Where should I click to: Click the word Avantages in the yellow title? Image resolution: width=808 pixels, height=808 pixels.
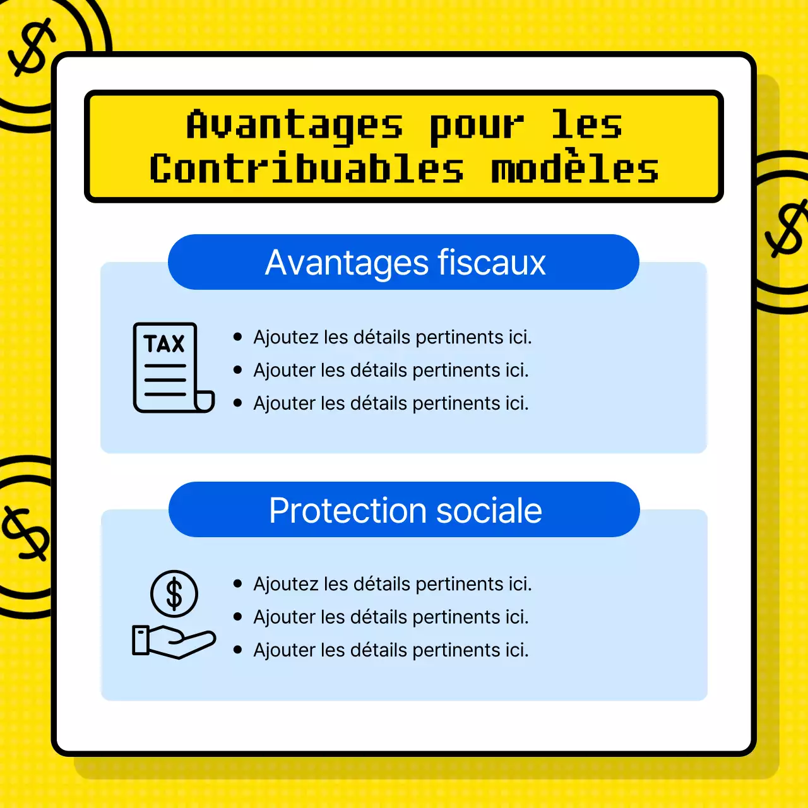pos(294,126)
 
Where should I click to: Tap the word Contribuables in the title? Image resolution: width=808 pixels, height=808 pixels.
pos(307,170)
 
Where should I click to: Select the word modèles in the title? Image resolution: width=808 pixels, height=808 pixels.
pos(575,170)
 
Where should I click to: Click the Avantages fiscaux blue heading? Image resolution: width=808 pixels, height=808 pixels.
pos(404,263)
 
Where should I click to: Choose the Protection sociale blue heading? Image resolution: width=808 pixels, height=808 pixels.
pos(405,510)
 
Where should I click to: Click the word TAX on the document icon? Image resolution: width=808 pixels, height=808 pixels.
pos(164,344)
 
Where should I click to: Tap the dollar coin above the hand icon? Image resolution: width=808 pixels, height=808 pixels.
pos(174,594)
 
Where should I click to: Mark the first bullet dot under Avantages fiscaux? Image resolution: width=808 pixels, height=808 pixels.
pos(238,337)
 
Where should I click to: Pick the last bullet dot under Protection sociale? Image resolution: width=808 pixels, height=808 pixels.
pos(238,650)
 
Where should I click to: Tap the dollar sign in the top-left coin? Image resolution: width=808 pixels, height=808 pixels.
pos(32,48)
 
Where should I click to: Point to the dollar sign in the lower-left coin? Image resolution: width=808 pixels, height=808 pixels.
pos(26,533)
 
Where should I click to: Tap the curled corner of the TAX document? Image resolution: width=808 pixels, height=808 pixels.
pos(205,401)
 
